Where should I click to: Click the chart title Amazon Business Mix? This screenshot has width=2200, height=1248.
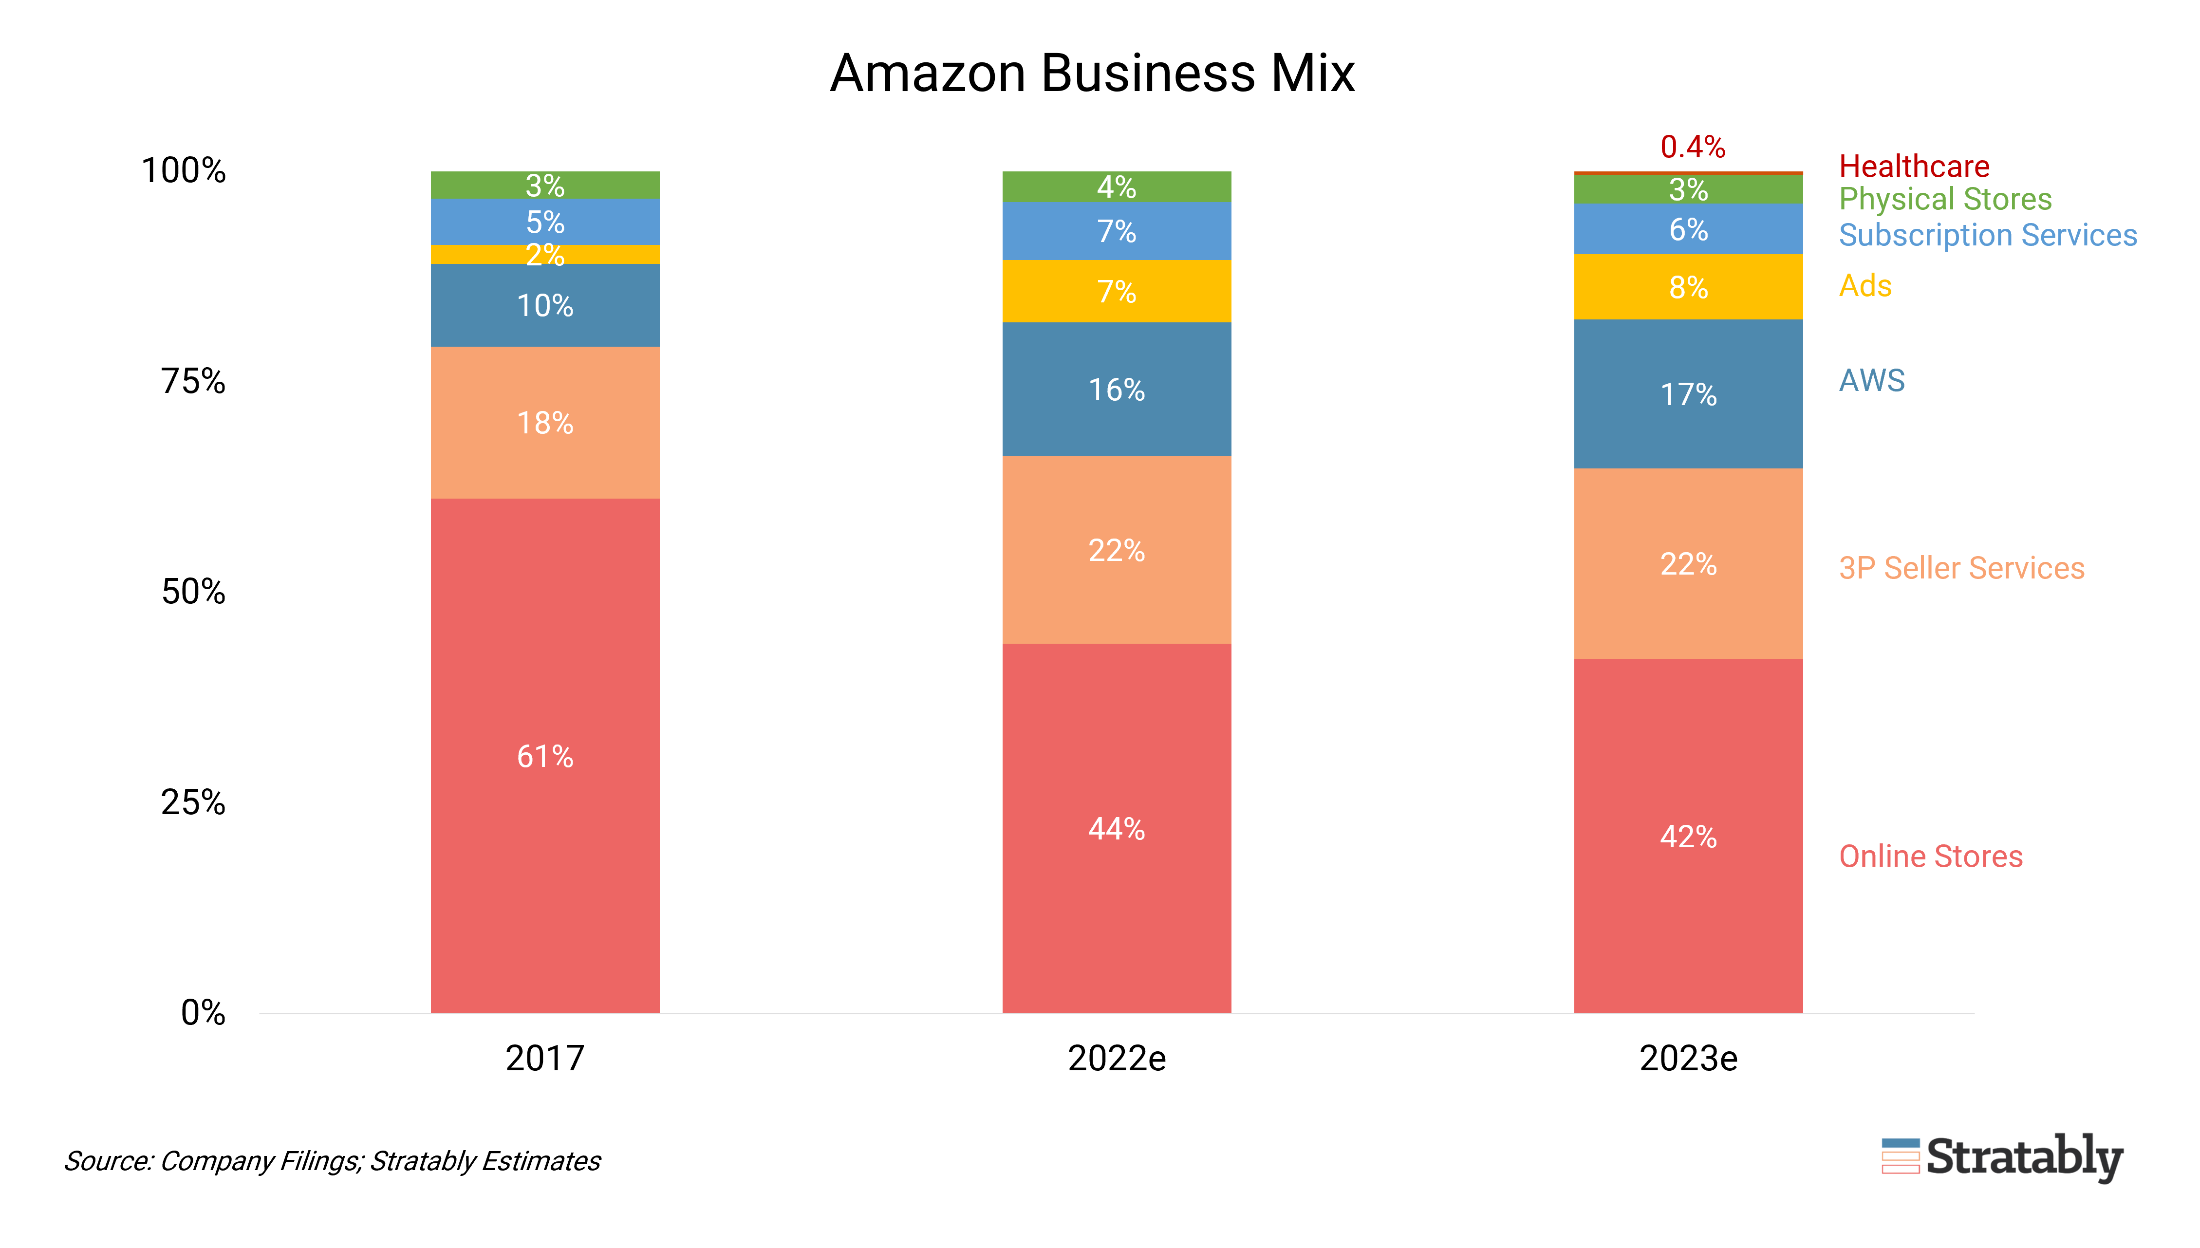tap(1092, 73)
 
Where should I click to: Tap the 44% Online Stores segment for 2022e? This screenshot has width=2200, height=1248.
tap(1116, 828)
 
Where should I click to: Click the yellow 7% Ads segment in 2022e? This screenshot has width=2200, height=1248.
tap(1116, 292)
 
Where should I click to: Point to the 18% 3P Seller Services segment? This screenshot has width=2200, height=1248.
tap(545, 423)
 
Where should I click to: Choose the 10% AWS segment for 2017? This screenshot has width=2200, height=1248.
tap(545, 305)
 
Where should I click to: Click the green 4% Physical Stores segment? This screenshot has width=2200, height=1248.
tap(1116, 187)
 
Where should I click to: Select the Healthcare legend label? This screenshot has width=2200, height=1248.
tap(1914, 166)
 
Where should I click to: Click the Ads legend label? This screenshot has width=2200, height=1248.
tap(1865, 285)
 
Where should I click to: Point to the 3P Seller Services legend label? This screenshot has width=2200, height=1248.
tap(1961, 567)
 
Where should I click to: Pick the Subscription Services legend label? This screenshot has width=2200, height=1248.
tap(1988, 235)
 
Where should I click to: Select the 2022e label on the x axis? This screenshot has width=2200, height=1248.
tap(1116, 1059)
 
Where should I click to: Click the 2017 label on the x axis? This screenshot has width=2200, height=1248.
tap(545, 1059)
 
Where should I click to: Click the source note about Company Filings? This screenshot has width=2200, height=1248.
tap(333, 1160)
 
